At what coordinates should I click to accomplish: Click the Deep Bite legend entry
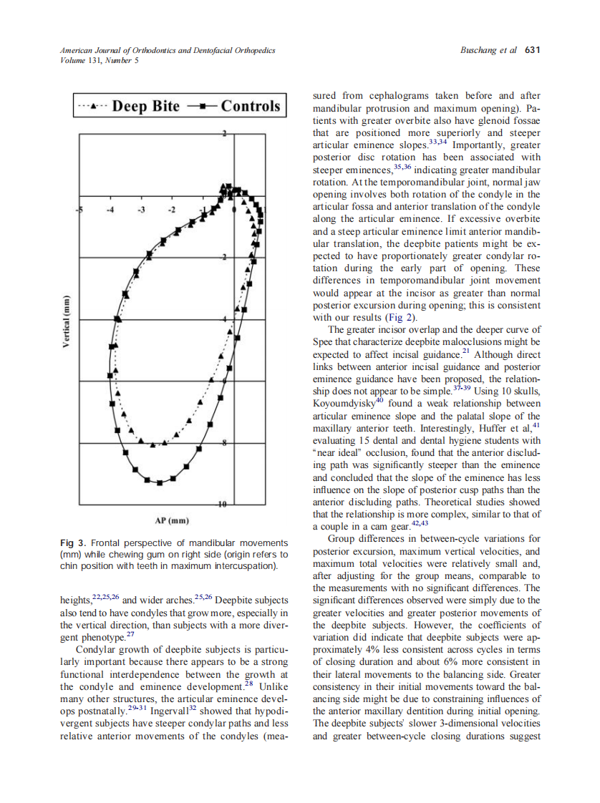point(129,106)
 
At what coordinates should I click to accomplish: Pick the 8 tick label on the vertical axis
point(225,444)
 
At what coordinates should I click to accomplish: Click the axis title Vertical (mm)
point(66,322)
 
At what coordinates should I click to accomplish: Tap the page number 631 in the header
point(532,50)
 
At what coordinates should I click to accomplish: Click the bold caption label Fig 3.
point(72,542)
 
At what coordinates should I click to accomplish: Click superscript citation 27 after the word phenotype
point(130,634)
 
